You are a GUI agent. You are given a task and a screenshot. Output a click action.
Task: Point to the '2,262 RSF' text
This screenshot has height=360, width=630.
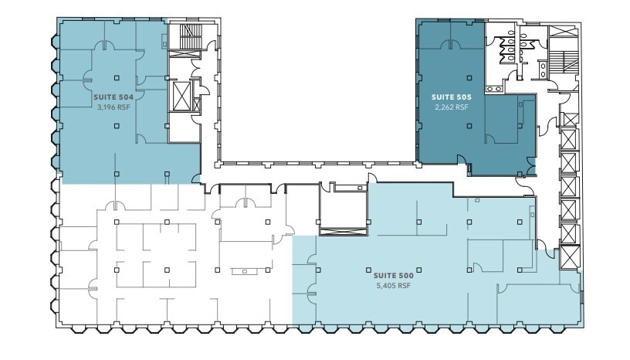pos(450,108)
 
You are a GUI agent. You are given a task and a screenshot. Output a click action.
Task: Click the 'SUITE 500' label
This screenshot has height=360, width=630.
pos(394,275)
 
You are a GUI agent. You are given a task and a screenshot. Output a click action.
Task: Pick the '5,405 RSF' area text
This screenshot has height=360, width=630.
pos(394,285)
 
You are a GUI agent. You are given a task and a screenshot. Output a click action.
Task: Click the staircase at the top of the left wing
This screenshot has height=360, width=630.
pos(189,36)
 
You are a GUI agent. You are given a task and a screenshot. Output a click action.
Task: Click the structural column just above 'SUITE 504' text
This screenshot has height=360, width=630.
pos(116,77)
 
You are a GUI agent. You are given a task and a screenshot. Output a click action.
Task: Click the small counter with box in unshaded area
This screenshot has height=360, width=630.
pos(245,271)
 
